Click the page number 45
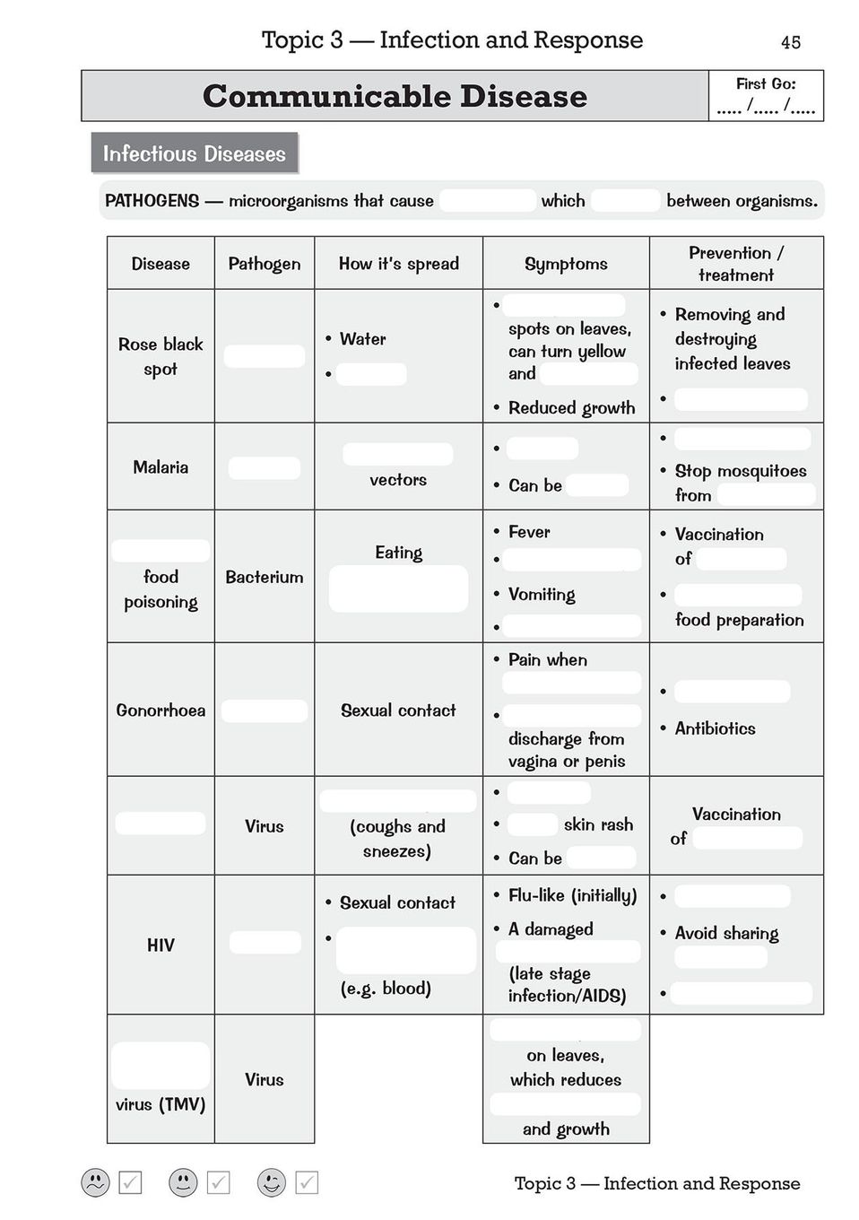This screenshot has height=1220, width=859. (790, 42)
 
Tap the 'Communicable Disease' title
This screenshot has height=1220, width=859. (395, 96)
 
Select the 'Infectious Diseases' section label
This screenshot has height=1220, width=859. (194, 153)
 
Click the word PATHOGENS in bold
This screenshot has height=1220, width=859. (152, 201)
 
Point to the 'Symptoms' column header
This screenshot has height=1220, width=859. (566, 264)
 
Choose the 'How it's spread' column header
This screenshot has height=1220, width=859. (398, 264)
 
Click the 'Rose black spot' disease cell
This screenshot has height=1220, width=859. (161, 356)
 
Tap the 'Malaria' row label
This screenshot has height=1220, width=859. (161, 466)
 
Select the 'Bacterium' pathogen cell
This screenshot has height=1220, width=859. (264, 577)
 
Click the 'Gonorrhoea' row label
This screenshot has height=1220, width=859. (161, 710)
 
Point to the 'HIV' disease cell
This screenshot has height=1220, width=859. (161, 945)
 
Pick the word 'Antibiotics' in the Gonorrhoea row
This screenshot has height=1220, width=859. (715, 728)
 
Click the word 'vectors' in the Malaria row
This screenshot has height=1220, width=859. (398, 480)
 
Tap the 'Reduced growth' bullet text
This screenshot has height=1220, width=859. (571, 407)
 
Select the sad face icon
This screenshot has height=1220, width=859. (95, 1182)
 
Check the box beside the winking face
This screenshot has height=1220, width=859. (307, 1182)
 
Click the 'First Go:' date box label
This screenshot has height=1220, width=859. (766, 84)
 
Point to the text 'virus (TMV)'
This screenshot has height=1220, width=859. (161, 1104)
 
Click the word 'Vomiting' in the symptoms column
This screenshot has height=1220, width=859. (542, 594)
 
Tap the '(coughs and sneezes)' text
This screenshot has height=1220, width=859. (397, 838)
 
